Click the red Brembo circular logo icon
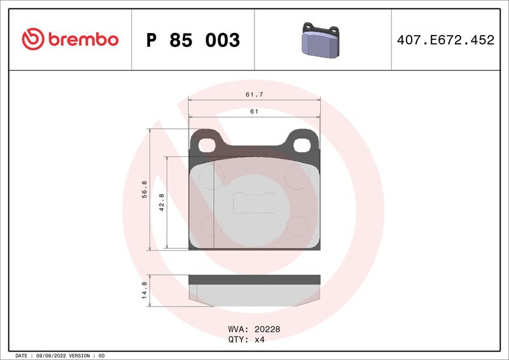[x=33, y=39]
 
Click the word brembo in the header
[x=83, y=39]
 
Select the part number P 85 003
[x=193, y=40]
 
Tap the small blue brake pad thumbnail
[x=321, y=39]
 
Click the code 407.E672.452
[x=445, y=39]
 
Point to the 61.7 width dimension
[x=254, y=95]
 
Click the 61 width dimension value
[x=254, y=111]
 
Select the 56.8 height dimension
[x=144, y=190]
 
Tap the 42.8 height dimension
[x=162, y=202]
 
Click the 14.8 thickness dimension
[x=144, y=290]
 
